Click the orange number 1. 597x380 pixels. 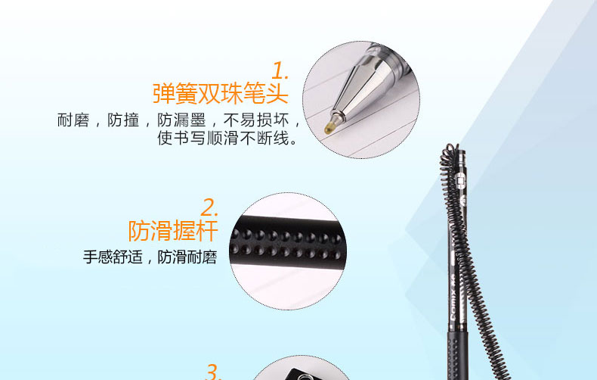[x=280, y=71]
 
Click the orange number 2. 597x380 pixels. [x=209, y=208]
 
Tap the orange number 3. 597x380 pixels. [x=214, y=372]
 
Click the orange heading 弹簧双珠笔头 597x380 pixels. [x=220, y=93]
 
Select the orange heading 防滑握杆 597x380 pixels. [x=173, y=230]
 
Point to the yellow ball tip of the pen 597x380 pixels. [x=329, y=126]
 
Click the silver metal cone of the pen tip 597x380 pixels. [x=358, y=88]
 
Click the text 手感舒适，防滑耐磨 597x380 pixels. [x=150, y=257]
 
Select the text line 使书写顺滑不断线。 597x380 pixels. [x=227, y=138]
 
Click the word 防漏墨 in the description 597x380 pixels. [x=181, y=120]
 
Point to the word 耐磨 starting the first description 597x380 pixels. [x=73, y=120]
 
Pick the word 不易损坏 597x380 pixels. [x=256, y=120]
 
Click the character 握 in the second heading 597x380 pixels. [x=184, y=230]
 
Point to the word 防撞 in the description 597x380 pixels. [x=123, y=120]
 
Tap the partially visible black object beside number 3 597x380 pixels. [x=301, y=374]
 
